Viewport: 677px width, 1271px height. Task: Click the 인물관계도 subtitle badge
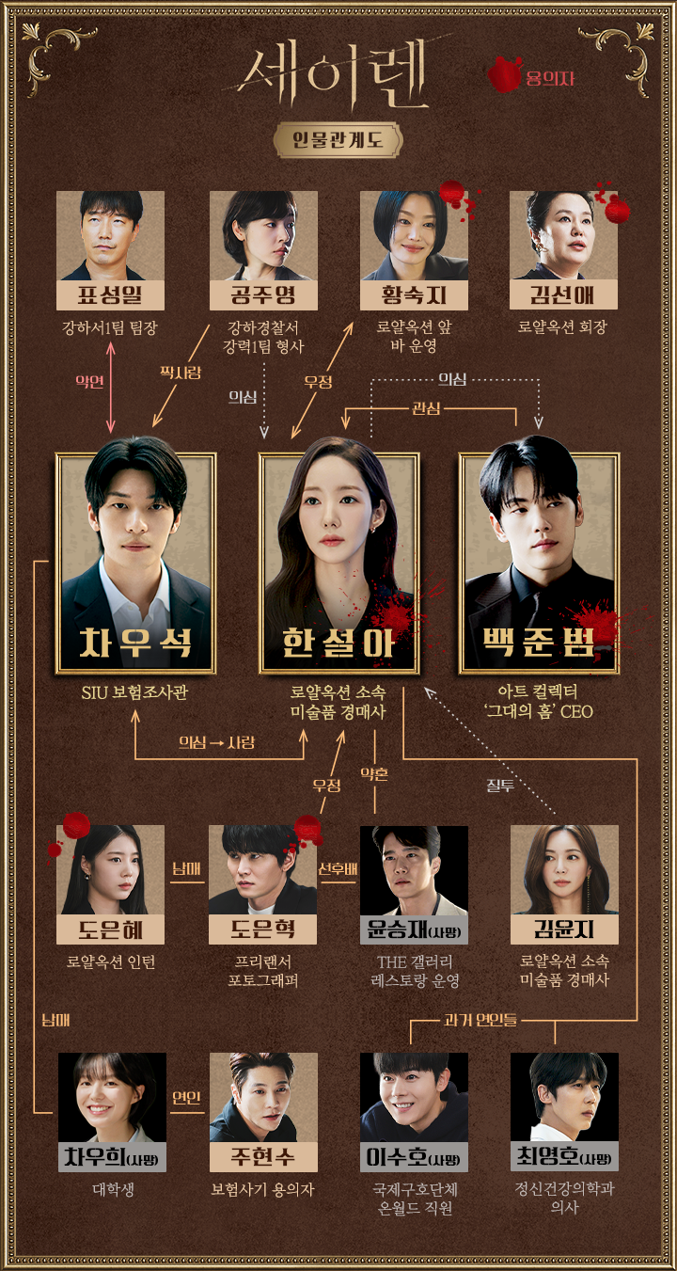338,139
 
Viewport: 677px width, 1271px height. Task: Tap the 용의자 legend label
549,78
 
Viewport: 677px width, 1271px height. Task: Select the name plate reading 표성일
111,295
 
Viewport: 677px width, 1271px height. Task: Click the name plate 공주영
263,295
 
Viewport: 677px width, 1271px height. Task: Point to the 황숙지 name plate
414,295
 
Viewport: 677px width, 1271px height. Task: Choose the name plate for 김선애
563,295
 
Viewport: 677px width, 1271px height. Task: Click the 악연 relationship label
89,381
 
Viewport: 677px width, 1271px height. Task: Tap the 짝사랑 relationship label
181,373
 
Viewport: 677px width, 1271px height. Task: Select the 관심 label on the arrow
426,408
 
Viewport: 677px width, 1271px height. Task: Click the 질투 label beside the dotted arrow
500,786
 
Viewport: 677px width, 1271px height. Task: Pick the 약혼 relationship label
374,773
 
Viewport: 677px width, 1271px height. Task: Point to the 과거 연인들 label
480,1020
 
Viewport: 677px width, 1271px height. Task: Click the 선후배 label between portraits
338,868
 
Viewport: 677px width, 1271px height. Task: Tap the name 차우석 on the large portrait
135,643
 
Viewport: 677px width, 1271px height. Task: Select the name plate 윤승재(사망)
414,929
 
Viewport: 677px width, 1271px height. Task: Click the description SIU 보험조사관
134,692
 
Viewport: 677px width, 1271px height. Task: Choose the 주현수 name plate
263,1157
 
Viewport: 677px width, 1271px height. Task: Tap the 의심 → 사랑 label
217,742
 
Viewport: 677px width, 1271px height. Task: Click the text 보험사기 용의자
262,1190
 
